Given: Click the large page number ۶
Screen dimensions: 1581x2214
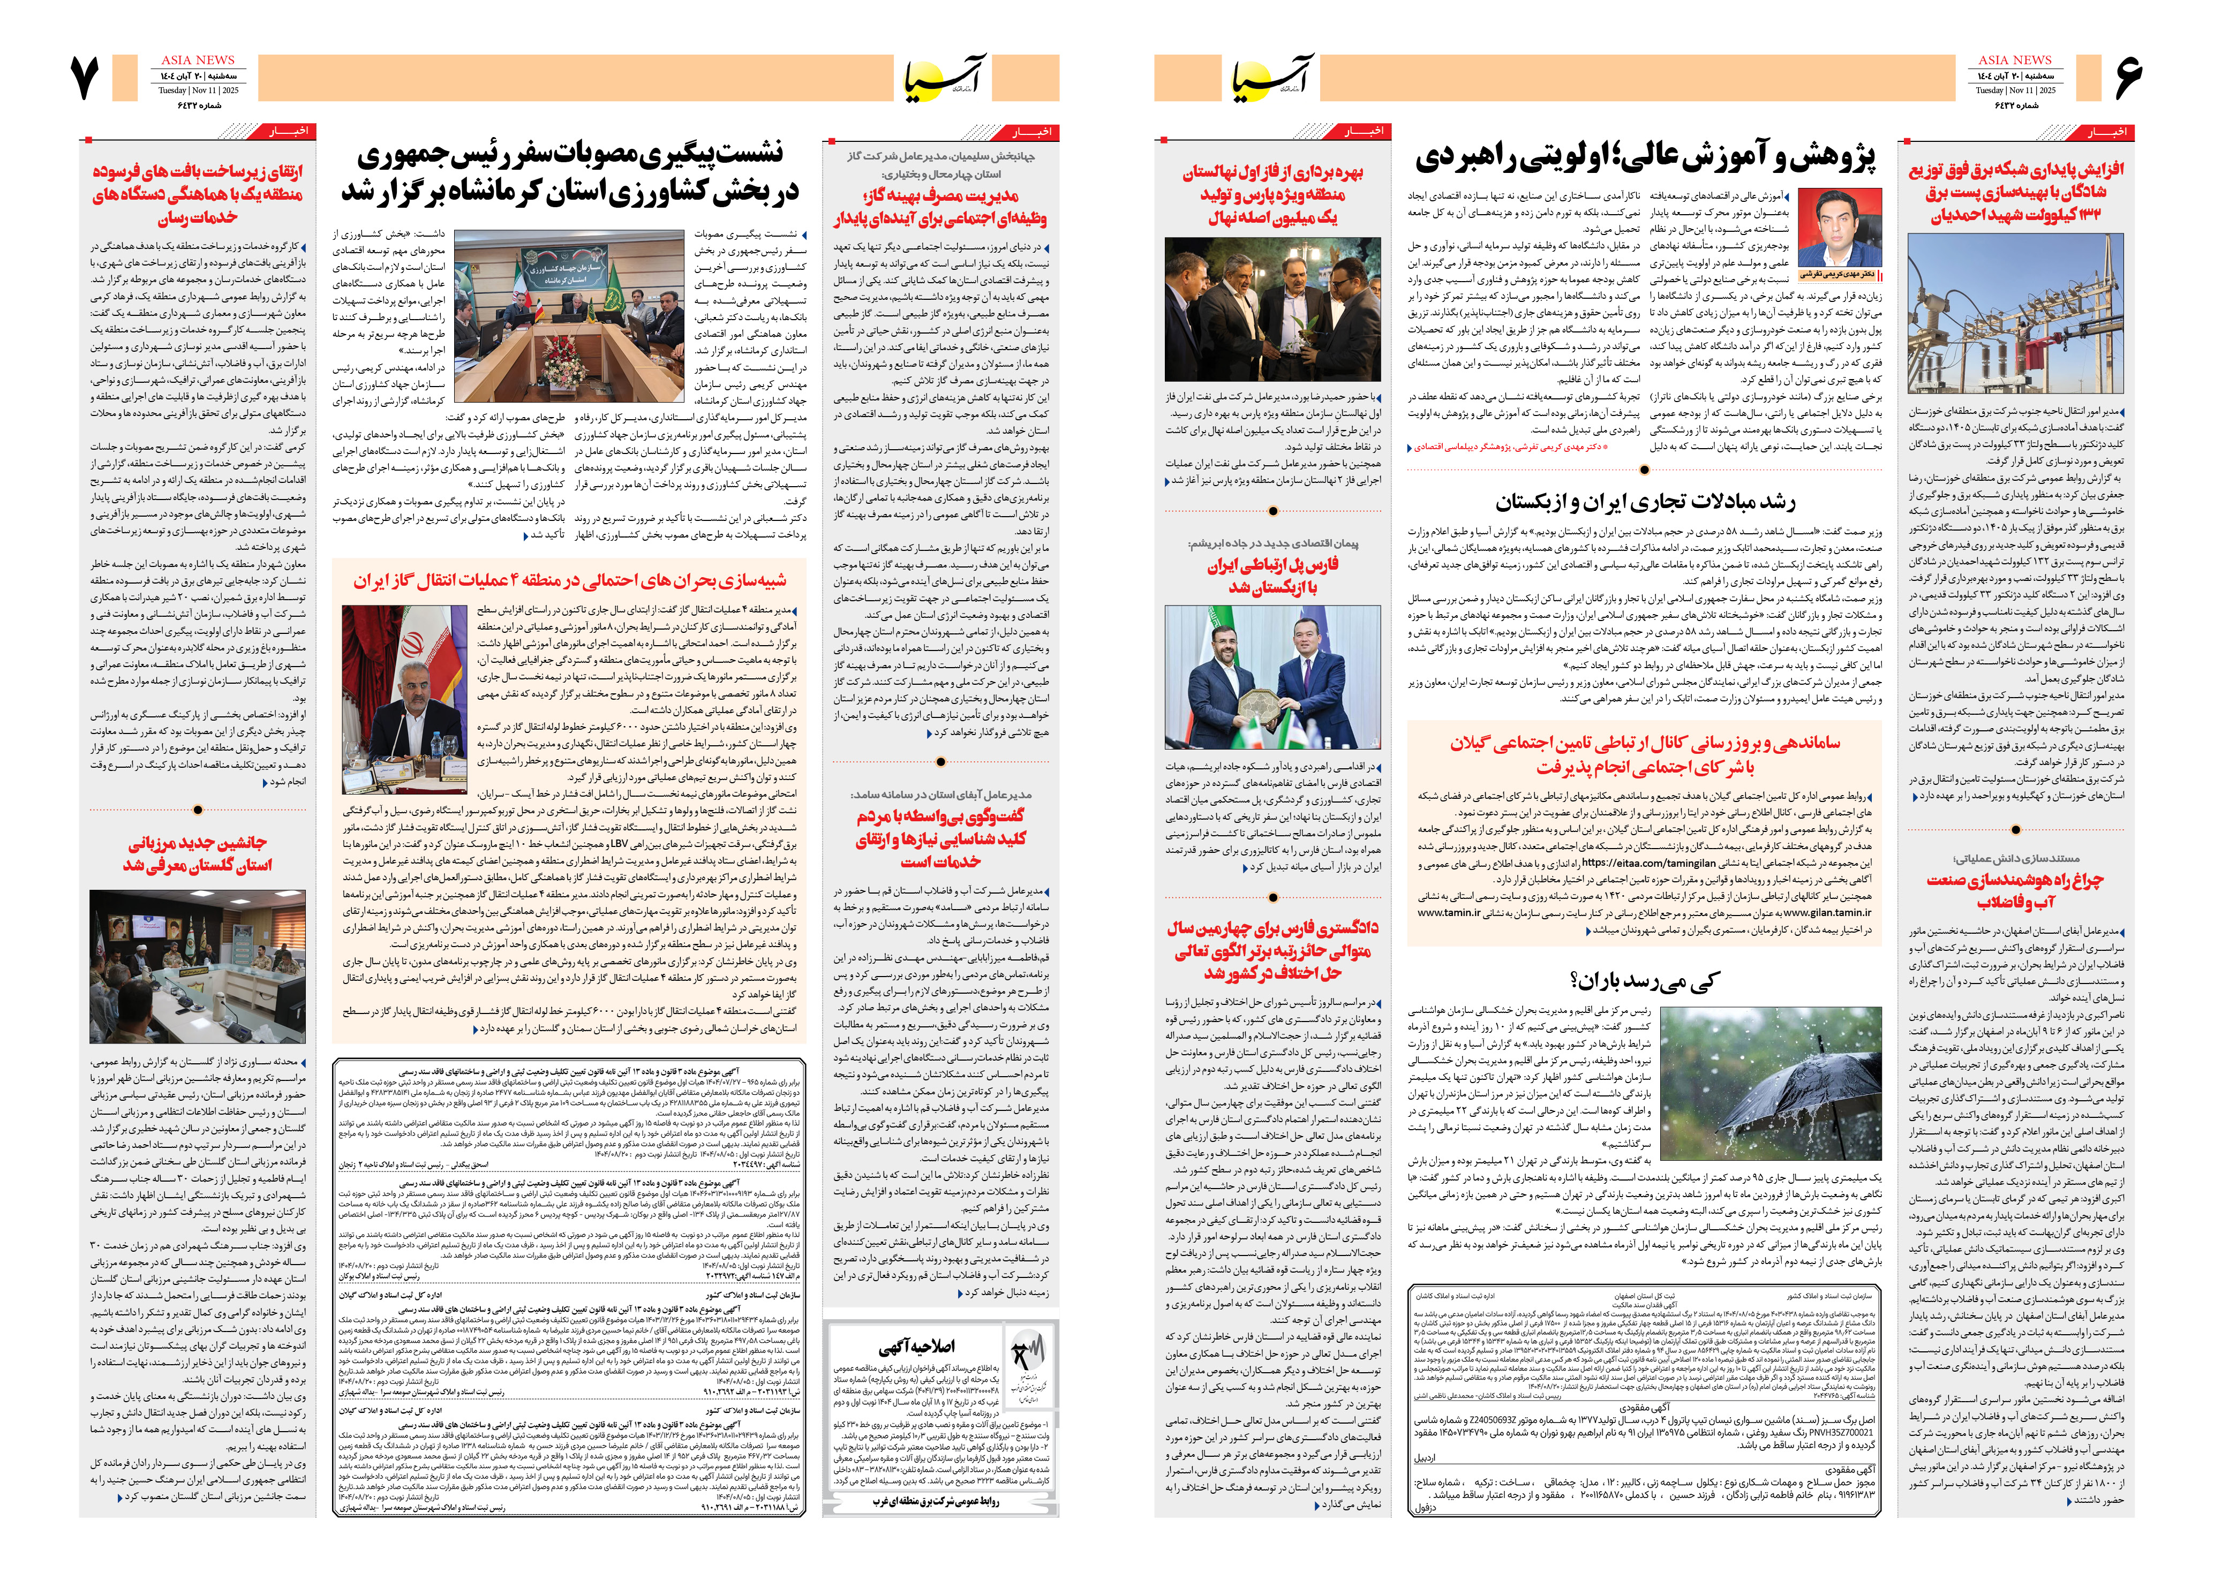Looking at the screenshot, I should (2127, 78).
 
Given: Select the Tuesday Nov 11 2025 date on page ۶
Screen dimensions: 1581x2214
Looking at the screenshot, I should (2014, 90).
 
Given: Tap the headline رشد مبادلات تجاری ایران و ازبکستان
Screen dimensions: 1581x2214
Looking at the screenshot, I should (1645, 502).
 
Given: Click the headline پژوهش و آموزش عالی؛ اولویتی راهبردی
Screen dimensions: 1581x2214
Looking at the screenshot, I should (1645, 158).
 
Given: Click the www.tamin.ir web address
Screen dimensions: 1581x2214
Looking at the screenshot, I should (1449, 913).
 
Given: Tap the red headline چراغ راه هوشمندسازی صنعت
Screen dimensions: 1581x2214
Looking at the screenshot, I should (2014, 890).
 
